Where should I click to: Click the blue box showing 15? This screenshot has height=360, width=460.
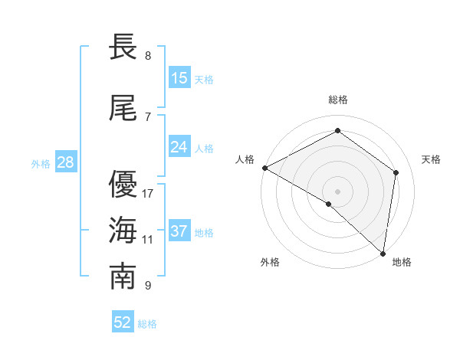pos(179,78)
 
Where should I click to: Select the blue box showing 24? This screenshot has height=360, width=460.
pos(179,147)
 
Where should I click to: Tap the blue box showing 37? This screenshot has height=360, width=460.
pos(179,232)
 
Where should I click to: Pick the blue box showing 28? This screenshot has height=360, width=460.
pos(65,162)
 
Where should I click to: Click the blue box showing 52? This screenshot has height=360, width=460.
pos(123,322)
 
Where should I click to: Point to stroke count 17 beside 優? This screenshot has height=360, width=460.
pos(149,194)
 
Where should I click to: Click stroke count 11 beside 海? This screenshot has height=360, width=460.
pos(148,240)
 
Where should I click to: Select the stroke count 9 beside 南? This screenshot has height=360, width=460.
pos(148,286)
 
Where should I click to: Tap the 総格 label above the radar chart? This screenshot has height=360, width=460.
pos(338,100)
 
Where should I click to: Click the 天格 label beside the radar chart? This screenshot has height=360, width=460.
pos(432,159)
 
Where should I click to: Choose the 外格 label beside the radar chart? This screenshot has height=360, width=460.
pos(270,263)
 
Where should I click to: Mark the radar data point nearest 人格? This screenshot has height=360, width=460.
pos(264,168)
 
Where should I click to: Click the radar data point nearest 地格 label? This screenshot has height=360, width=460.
pos(383,253)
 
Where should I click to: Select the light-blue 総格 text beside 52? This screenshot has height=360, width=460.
pos(147,324)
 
